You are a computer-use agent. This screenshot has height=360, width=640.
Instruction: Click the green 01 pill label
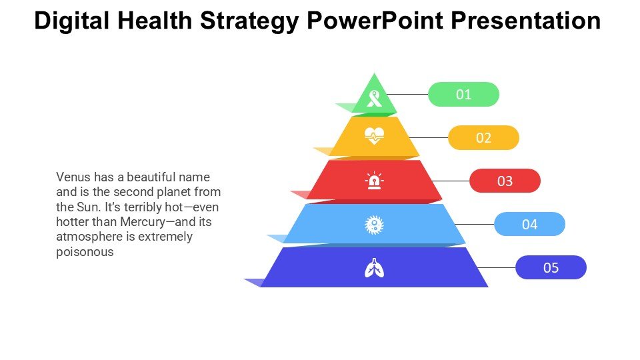[463, 94]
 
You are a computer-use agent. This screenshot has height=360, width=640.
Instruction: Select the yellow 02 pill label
[483, 137]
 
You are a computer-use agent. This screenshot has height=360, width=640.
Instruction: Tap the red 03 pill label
[505, 181]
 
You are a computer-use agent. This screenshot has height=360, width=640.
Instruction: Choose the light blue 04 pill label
[529, 224]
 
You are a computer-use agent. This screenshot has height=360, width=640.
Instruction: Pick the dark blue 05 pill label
[551, 267]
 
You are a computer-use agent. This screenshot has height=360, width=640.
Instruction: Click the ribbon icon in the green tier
[374, 99]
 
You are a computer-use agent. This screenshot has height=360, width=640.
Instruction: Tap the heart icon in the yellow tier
[374, 135]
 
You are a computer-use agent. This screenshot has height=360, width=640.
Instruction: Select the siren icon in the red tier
[374, 181]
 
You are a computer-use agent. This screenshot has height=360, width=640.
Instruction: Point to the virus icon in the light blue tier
[374, 225]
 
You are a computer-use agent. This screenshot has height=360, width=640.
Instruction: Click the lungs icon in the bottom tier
[374, 268]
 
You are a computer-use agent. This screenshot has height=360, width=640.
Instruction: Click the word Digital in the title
[72, 21]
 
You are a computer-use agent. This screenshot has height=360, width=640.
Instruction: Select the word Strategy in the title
[250, 21]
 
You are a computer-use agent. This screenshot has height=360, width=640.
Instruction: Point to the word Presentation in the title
[526, 21]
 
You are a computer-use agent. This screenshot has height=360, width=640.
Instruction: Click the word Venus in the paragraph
[73, 177]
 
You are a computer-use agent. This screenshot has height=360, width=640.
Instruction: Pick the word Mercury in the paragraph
[143, 222]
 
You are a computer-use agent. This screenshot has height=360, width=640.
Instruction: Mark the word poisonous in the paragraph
[85, 252]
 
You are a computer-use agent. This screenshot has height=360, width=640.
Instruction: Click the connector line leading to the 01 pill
[407, 94]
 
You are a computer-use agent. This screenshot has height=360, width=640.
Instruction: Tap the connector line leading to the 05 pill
[496, 267]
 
